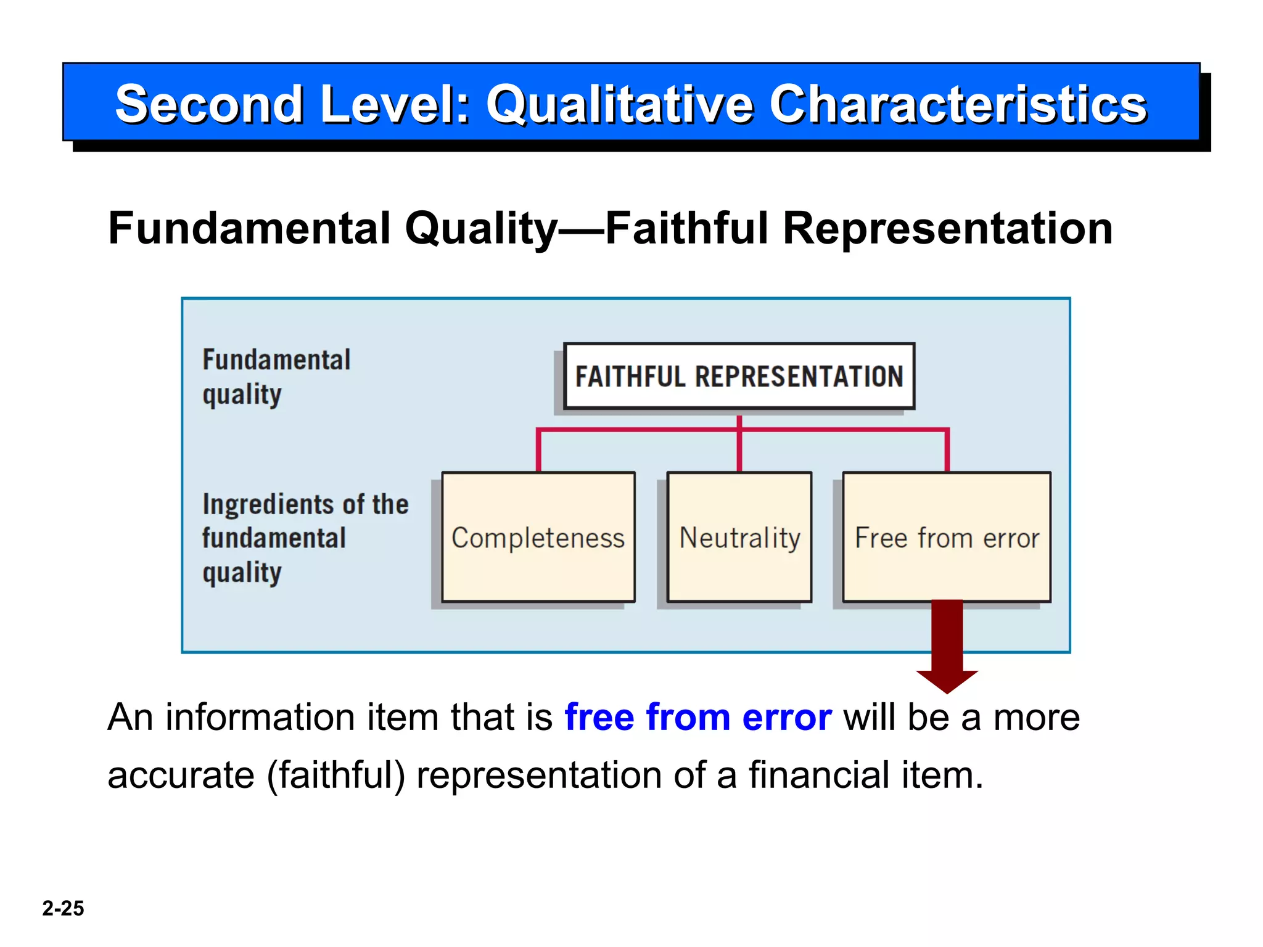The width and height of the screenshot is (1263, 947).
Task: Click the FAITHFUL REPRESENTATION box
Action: click(739, 376)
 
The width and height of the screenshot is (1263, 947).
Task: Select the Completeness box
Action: click(538, 537)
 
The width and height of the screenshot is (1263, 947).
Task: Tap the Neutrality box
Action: click(739, 537)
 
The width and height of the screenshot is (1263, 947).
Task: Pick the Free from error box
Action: click(947, 537)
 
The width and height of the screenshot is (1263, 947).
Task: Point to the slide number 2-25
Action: click(63, 908)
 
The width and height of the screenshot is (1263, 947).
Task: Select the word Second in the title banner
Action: click(209, 104)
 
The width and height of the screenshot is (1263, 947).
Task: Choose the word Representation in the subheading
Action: click(947, 229)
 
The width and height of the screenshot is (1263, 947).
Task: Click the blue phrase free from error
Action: click(698, 718)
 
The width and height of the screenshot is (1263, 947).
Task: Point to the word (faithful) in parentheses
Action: click(336, 775)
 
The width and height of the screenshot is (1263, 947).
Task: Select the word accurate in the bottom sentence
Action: click(181, 775)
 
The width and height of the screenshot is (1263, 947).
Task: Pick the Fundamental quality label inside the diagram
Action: click(276, 377)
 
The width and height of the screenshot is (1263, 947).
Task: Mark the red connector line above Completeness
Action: click(538, 450)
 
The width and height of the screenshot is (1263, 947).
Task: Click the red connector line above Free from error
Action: click(947, 450)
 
